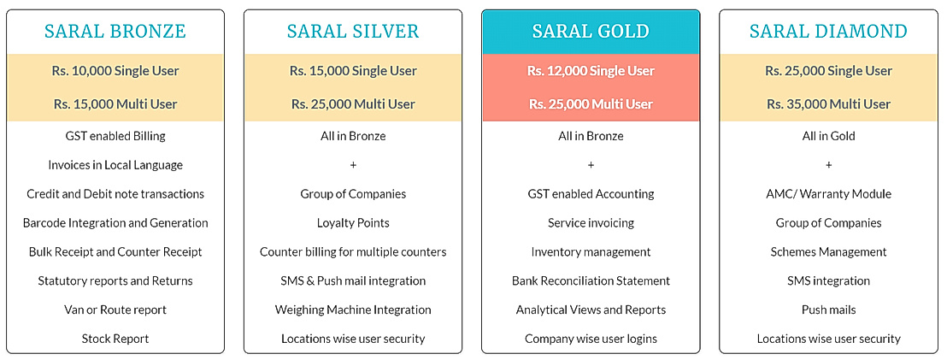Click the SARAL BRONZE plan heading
(115, 32)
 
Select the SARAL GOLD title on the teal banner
(591, 32)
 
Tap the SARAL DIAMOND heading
(828, 32)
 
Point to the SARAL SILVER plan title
(353, 32)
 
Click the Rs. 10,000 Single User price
(115, 71)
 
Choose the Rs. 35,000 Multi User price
(828, 104)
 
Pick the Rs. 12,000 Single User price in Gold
(591, 71)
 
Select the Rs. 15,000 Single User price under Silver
(353, 71)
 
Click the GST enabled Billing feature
(115, 136)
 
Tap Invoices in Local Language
(115, 165)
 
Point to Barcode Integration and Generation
(115, 223)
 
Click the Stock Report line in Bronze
(115, 339)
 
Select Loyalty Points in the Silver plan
(353, 223)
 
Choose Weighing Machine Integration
(353, 310)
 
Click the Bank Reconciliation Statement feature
(591, 280)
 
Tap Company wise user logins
(591, 339)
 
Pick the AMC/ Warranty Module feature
(828, 194)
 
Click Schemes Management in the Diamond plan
(828, 252)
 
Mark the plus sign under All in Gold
(828, 165)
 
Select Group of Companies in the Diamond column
(828, 223)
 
